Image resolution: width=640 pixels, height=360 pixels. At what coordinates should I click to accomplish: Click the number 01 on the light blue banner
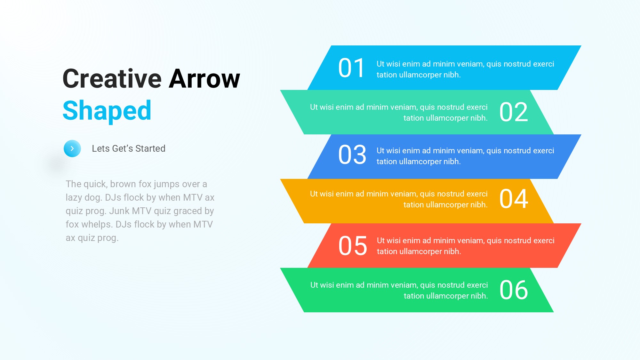(x=351, y=68)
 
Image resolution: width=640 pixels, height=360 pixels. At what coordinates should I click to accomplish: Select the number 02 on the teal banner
(x=514, y=112)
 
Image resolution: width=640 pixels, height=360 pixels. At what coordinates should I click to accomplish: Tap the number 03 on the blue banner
(x=352, y=155)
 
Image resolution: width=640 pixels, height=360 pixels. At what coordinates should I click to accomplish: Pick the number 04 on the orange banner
(x=514, y=199)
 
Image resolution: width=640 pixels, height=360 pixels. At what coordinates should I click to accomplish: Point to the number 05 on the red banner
(x=353, y=246)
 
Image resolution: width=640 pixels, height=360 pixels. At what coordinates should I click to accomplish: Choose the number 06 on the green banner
(x=514, y=290)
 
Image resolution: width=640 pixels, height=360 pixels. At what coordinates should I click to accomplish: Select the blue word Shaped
(x=107, y=111)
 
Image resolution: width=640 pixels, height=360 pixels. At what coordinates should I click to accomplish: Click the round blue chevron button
(x=72, y=148)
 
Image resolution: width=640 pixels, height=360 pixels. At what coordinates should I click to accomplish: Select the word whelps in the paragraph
(x=97, y=225)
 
